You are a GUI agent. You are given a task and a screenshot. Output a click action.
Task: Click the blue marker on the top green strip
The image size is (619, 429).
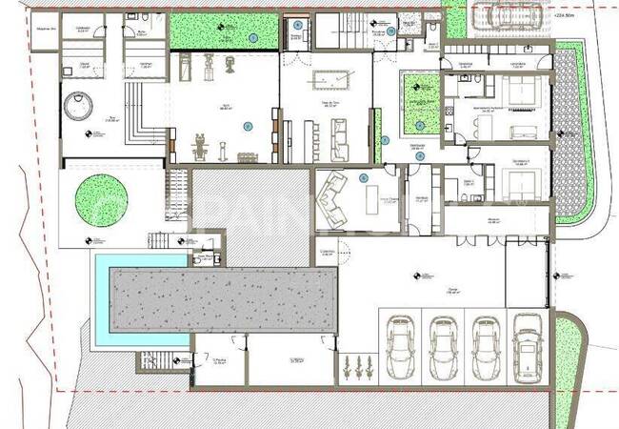pos(253,37)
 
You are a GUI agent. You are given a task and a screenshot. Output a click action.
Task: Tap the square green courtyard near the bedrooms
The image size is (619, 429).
pos(420,104)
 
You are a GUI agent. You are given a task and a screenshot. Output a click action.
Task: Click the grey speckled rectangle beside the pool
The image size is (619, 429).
pos(224,297)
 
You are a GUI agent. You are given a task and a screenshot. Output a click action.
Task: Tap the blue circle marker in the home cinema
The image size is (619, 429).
pos(363,177)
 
